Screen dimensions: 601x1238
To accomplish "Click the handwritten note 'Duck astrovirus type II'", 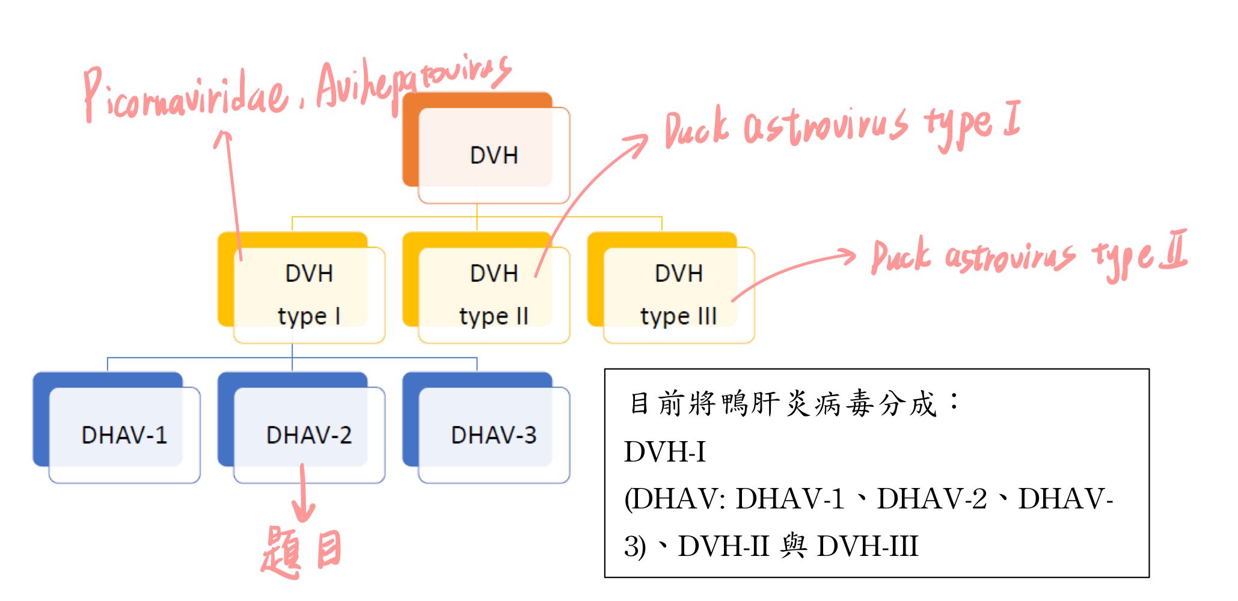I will click(x=1028, y=255).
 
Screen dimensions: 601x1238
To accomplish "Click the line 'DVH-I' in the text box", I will click(x=665, y=452).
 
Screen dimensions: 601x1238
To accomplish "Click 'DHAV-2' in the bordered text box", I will click(x=931, y=499).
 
